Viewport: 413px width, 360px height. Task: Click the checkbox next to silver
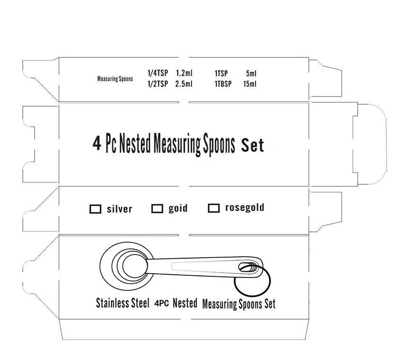click(x=96, y=209)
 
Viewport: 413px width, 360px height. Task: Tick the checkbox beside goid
click(x=157, y=209)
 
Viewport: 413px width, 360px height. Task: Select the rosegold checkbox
click(x=214, y=208)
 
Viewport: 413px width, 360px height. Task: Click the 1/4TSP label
click(x=158, y=73)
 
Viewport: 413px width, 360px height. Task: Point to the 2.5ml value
click(x=184, y=84)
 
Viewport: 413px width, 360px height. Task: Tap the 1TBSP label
click(x=223, y=84)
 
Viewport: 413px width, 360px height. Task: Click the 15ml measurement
click(x=250, y=84)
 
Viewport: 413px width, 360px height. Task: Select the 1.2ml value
click(x=184, y=73)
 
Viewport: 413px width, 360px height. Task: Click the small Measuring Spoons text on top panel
click(x=115, y=79)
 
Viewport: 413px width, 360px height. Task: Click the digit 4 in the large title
click(x=97, y=144)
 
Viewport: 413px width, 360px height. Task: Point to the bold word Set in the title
click(x=252, y=145)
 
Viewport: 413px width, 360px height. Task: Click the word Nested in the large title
click(x=135, y=143)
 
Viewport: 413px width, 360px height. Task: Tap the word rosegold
click(x=245, y=208)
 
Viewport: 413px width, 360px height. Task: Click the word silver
click(x=119, y=209)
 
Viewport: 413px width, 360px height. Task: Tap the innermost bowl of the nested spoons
click(x=135, y=266)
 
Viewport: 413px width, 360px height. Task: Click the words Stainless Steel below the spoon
click(x=122, y=303)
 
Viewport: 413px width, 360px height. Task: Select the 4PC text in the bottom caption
click(x=162, y=303)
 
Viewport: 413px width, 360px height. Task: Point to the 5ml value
click(x=251, y=73)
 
